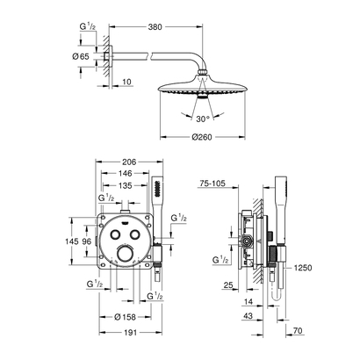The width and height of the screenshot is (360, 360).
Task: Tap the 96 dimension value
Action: point(89,241)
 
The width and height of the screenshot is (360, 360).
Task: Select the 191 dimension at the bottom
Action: point(130,333)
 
